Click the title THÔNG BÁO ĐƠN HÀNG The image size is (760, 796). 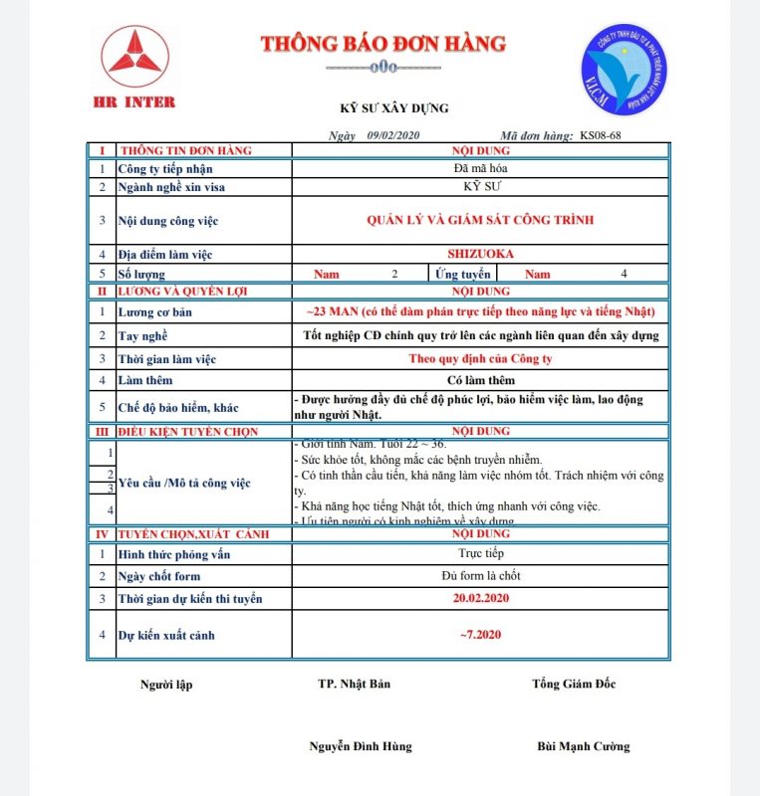tap(382, 44)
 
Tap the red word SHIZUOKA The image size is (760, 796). tap(480, 254)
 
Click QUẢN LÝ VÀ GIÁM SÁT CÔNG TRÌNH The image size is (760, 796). tap(480, 220)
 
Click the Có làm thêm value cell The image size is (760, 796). tap(480, 379)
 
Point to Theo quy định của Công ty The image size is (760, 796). tap(480, 358)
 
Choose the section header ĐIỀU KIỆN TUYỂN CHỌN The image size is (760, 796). tap(188, 432)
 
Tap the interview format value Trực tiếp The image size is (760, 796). tap(480, 552)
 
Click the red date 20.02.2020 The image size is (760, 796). tap(480, 598)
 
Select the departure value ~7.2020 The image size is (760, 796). tap(480, 634)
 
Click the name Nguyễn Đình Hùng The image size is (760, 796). tap(360, 746)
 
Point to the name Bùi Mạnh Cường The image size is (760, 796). tap(583, 746)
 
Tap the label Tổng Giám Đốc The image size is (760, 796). tap(574, 684)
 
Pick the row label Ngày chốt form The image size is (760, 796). tap(159, 576)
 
